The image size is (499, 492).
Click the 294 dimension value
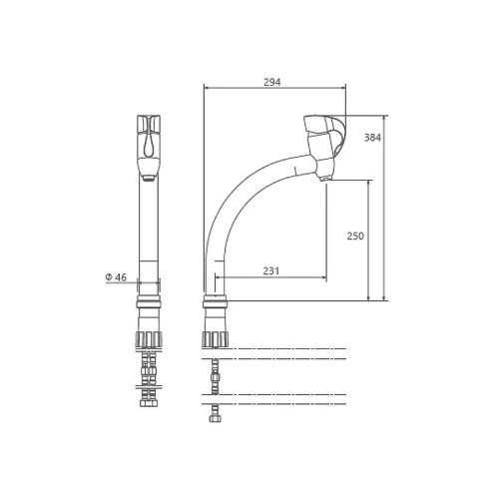click(x=272, y=82)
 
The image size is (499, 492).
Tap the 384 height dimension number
click(x=372, y=138)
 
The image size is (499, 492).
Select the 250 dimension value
click(x=355, y=236)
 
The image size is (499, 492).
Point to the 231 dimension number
click(x=271, y=271)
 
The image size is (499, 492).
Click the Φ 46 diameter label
click(x=116, y=277)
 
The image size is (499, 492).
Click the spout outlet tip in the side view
click(x=324, y=179)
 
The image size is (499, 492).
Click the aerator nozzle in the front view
click(x=149, y=179)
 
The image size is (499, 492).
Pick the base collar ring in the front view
click(x=149, y=304)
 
